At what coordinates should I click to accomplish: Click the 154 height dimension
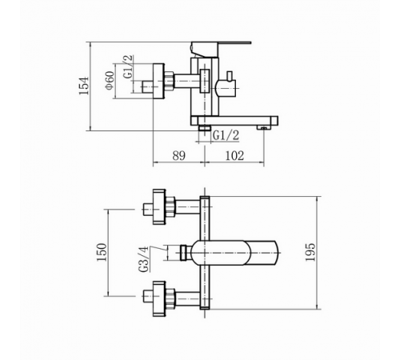pos(84,86)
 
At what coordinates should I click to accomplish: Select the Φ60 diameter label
pos(110,81)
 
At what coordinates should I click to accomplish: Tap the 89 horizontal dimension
pos(178,155)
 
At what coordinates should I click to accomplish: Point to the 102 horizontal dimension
pos(234,155)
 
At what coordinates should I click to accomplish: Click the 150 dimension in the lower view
pos(102,252)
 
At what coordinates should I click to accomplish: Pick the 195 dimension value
pos(310,252)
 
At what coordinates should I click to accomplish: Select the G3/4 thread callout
pos(144,259)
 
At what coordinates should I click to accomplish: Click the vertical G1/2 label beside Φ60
pos(128,66)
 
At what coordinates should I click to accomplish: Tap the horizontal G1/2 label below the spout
pos(226,136)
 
